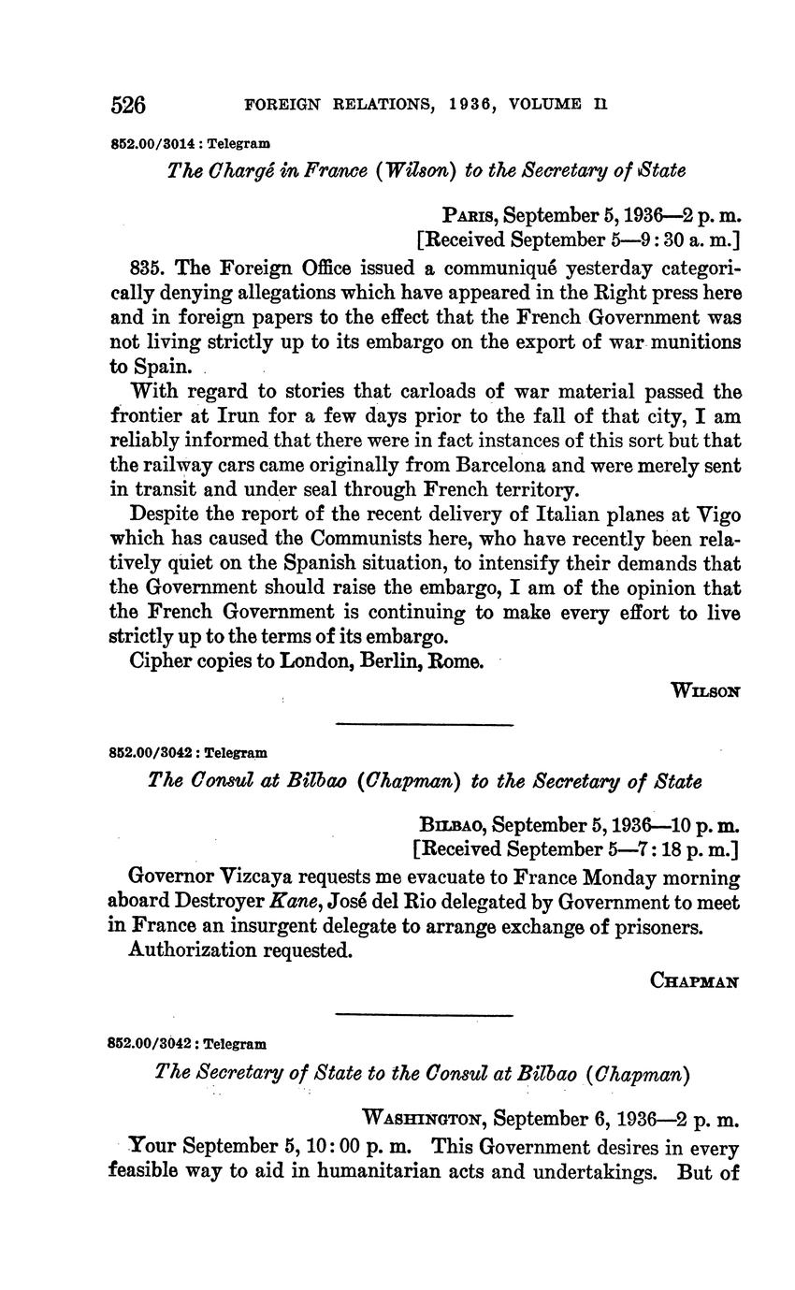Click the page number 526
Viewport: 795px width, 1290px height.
tap(128, 105)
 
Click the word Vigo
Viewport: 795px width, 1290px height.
tap(717, 514)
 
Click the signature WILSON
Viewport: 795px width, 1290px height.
tap(705, 691)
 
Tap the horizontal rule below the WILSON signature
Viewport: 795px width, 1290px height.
tap(424, 724)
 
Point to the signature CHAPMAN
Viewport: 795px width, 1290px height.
tap(694, 981)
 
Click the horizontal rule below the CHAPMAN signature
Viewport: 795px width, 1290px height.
tap(424, 1015)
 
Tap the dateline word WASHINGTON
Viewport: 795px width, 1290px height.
tap(421, 1118)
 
